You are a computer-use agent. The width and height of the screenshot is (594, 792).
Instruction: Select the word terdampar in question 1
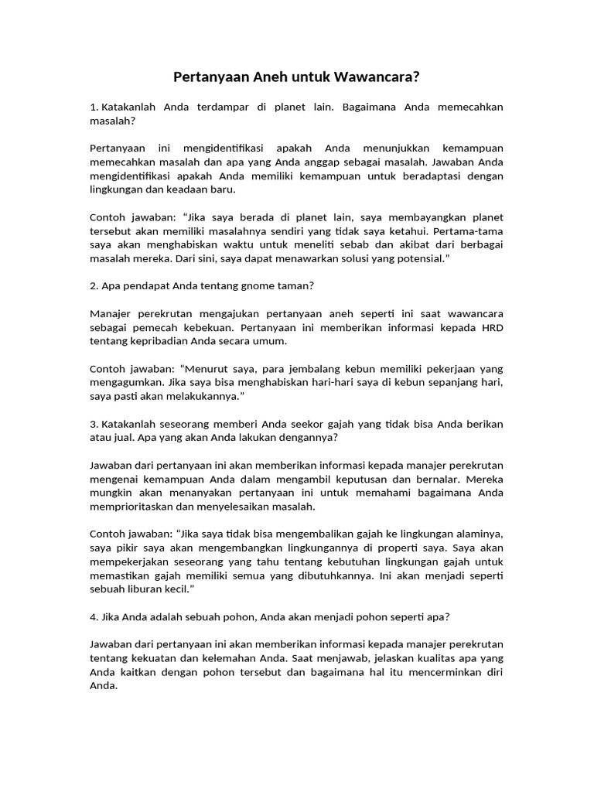point(234,107)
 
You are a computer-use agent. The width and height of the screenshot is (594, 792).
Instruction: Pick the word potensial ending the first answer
point(418,258)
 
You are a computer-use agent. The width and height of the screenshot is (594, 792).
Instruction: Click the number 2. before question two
point(94,285)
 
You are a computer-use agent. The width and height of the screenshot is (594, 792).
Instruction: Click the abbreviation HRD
point(491,327)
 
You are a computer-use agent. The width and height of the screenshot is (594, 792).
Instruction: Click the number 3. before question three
point(94,423)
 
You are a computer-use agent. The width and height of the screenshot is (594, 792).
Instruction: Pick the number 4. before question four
point(94,616)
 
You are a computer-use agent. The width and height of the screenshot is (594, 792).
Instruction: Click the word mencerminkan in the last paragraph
point(446,672)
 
